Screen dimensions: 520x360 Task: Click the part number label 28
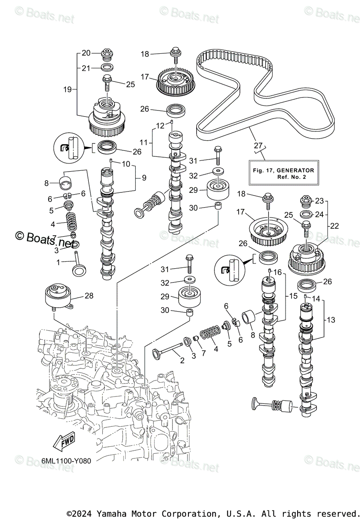[x=89, y=296]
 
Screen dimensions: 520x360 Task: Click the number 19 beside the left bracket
[x=67, y=90]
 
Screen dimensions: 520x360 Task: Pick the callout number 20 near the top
[x=86, y=53]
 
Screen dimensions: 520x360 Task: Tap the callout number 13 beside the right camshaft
[x=331, y=320]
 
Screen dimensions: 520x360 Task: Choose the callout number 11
[x=144, y=142]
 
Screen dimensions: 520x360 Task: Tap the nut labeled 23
[x=305, y=201]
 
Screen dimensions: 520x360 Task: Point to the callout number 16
[x=278, y=272]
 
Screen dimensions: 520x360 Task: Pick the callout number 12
[x=161, y=125]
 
